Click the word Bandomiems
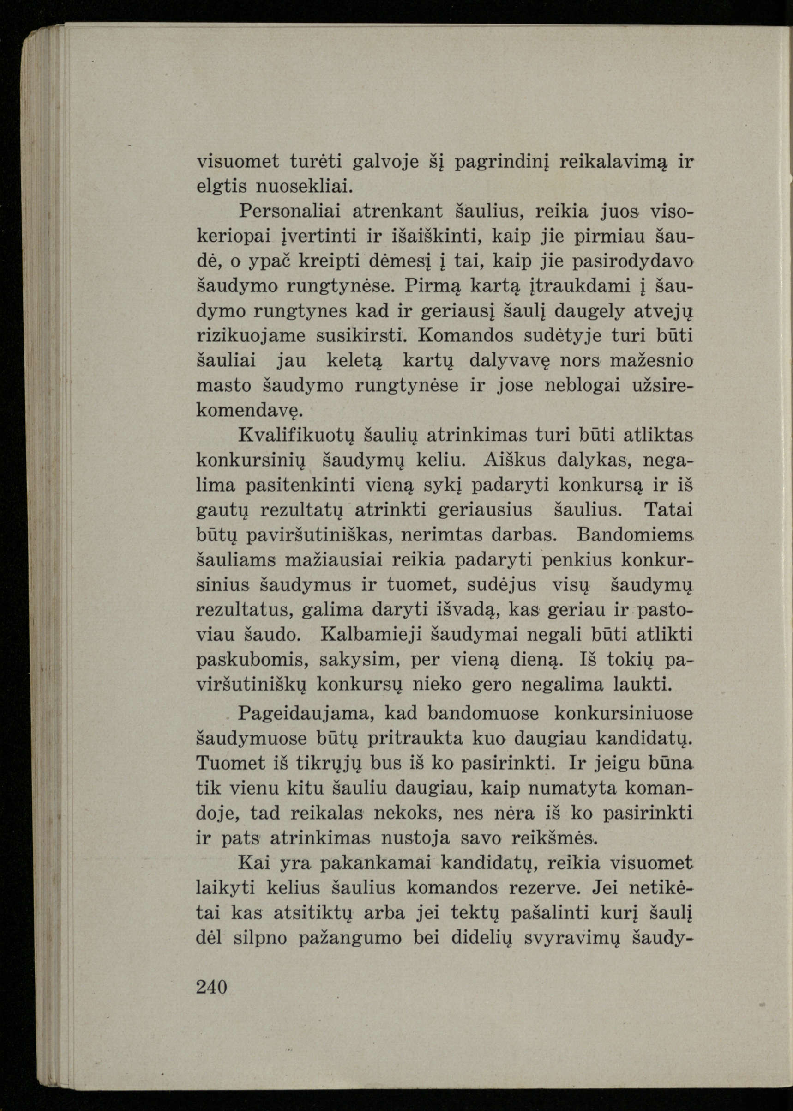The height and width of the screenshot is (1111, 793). point(634,534)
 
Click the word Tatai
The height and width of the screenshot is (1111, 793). point(668,510)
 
